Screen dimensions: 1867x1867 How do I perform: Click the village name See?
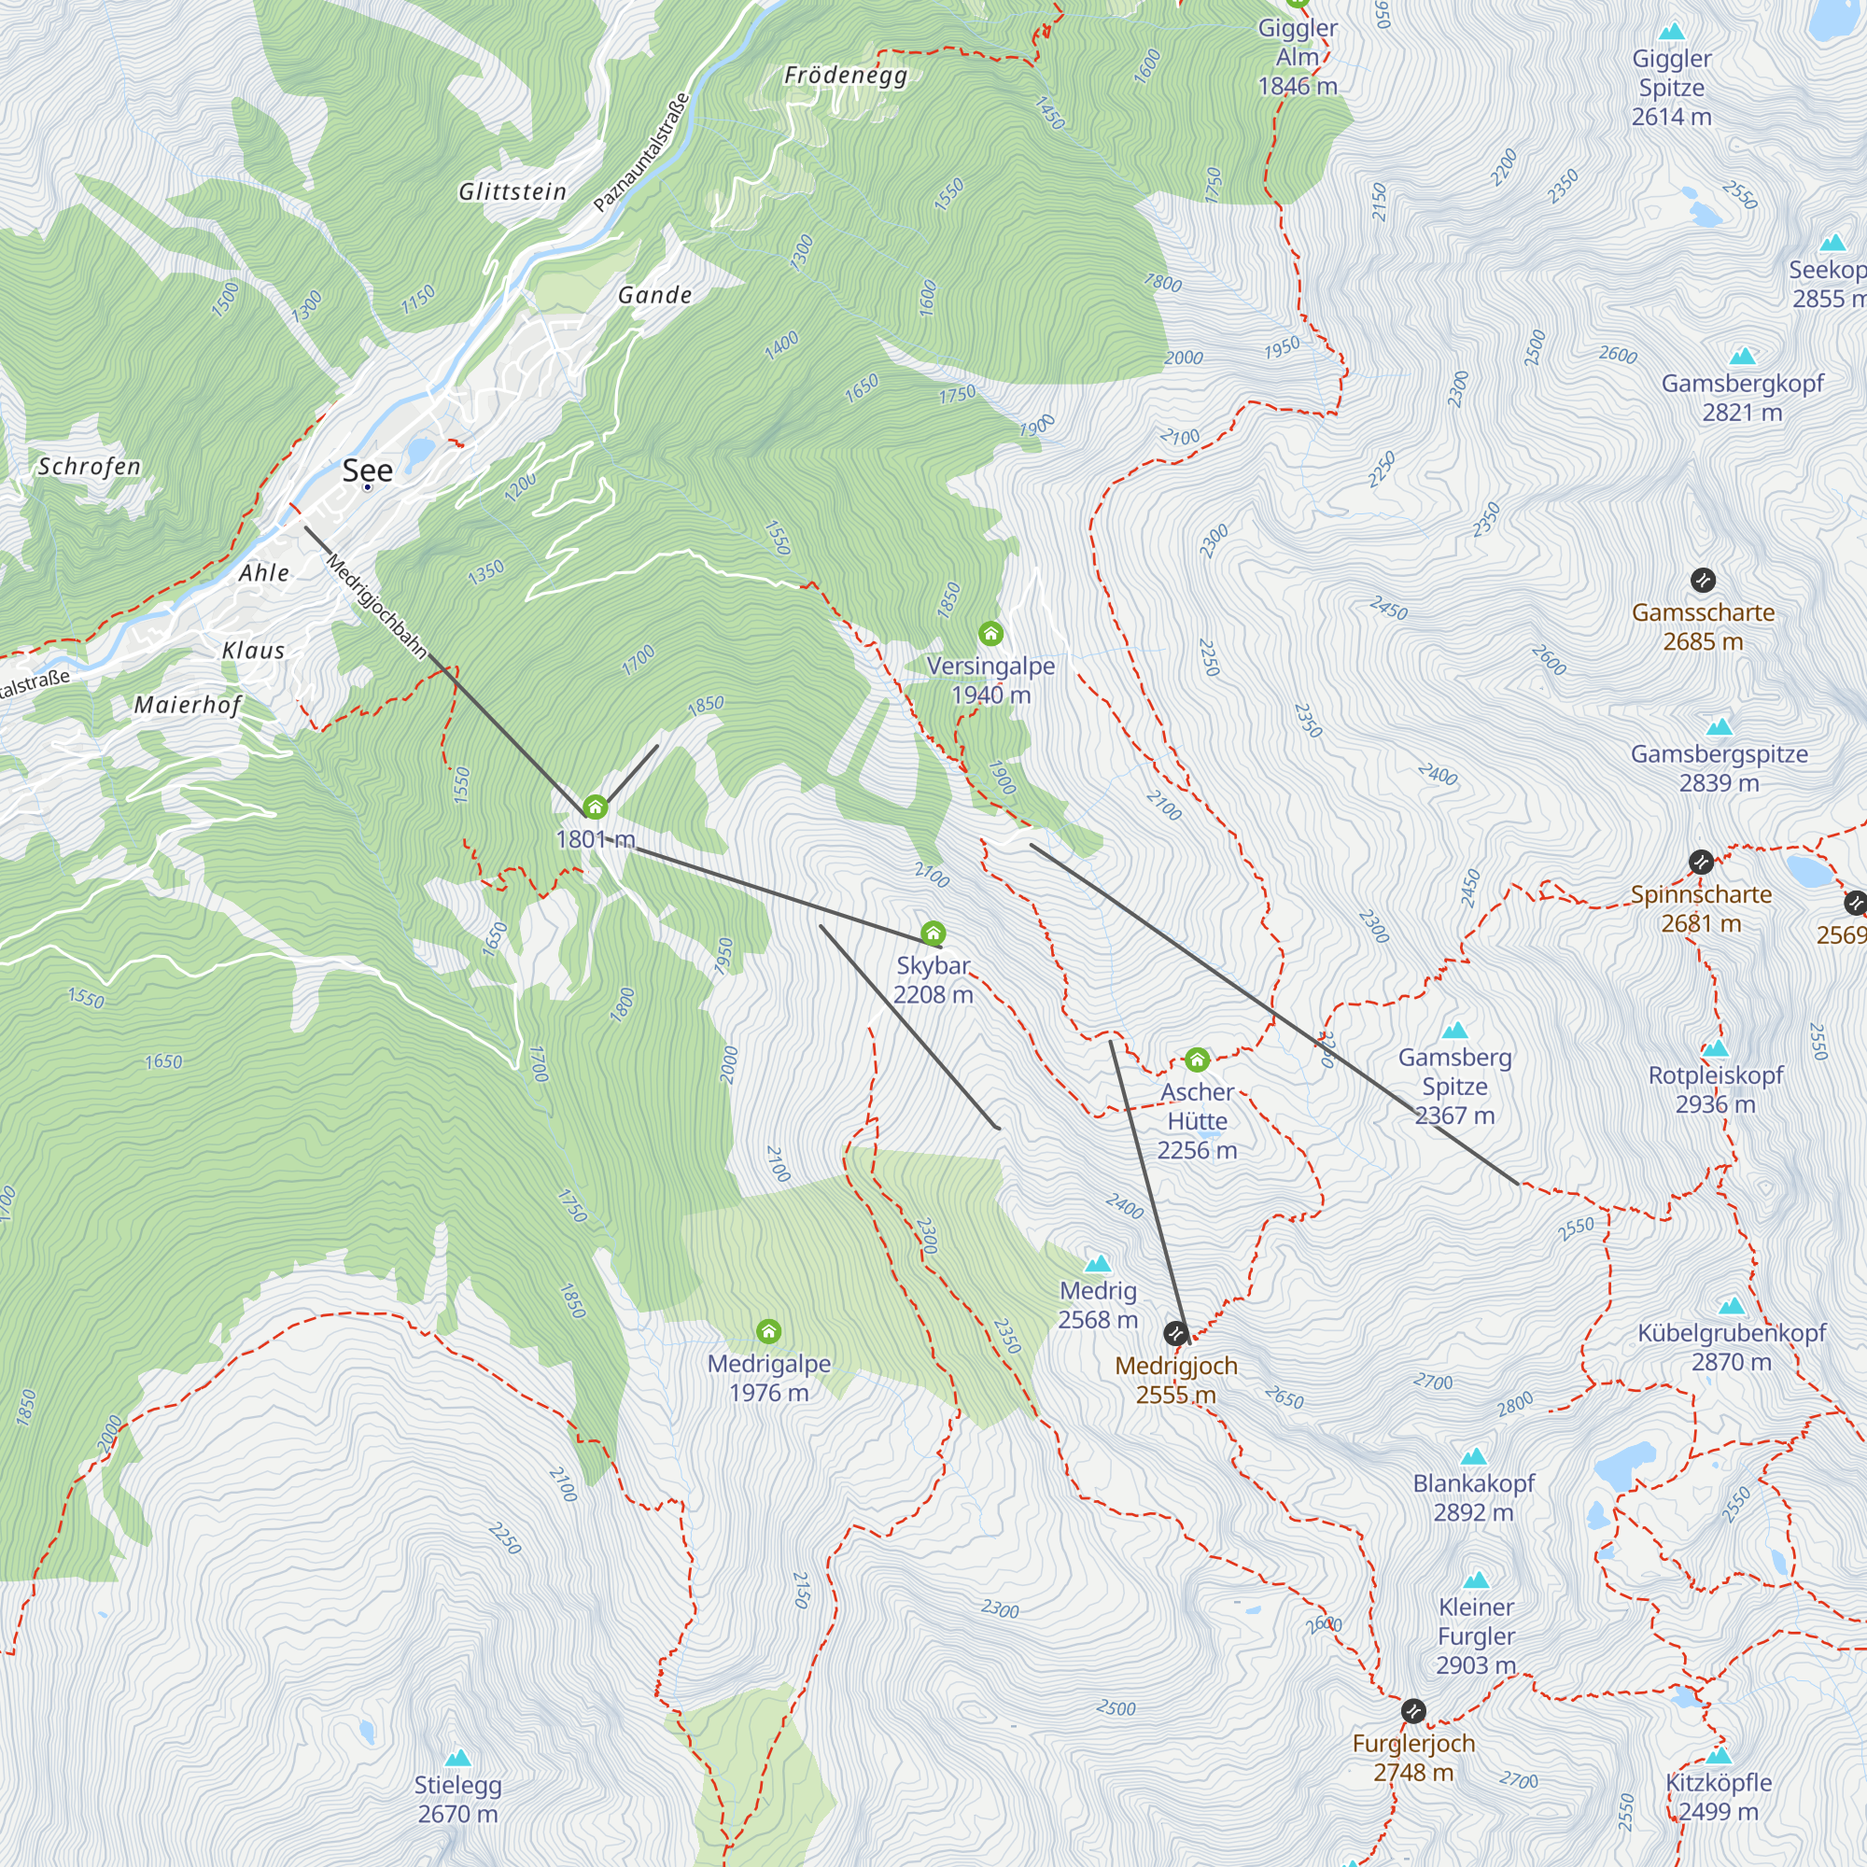click(367, 470)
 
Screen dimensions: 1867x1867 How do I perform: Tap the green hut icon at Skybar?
click(933, 933)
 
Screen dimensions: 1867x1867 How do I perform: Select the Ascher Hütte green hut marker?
click(1197, 1060)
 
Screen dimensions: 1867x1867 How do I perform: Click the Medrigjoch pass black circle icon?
click(1175, 1334)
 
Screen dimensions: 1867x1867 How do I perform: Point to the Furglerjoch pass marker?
click(1412, 1710)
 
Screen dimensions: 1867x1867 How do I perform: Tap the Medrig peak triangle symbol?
click(1098, 1264)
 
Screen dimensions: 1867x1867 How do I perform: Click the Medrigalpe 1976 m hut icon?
click(768, 1332)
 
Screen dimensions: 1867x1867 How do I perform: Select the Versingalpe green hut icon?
click(990, 634)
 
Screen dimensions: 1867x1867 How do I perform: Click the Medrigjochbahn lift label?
click(377, 606)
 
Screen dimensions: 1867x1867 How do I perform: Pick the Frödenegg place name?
click(846, 76)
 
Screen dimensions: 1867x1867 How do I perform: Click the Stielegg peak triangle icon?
click(458, 1758)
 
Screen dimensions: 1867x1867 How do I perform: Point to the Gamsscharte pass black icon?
click(1703, 580)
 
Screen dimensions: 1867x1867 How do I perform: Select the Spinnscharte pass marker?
click(1701, 862)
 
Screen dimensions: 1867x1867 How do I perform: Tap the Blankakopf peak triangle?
click(1473, 1456)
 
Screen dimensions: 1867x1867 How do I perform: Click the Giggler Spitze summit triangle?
click(1672, 32)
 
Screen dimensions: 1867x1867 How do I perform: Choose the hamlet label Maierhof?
click(188, 705)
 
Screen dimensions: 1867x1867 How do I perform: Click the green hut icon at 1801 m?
click(596, 807)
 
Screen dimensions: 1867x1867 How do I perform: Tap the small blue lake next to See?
click(420, 450)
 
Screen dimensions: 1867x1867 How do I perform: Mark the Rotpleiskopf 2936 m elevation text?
click(1715, 1103)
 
